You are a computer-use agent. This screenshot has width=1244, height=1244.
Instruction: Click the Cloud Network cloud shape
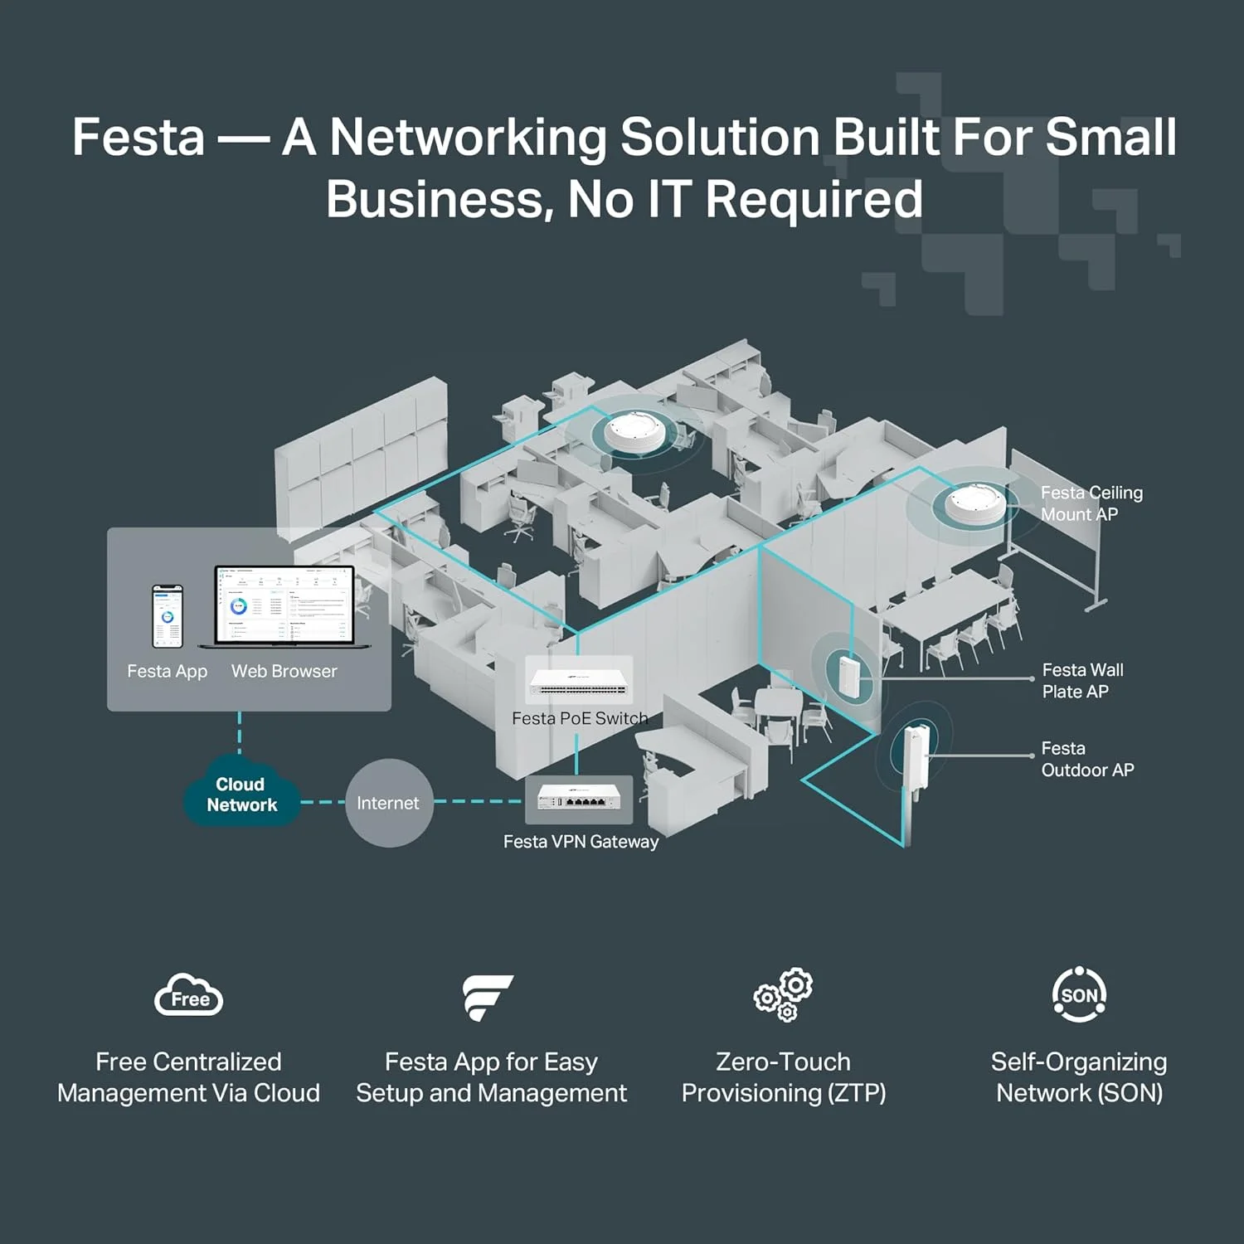tap(241, 795)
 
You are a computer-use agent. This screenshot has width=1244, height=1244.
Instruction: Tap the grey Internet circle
tap(388, 803)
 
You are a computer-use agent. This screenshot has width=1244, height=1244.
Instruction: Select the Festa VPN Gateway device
tap(579, 799)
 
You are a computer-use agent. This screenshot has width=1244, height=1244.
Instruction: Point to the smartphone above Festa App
tap(167, 616)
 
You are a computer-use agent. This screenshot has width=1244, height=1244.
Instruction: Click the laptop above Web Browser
tap(284, 607)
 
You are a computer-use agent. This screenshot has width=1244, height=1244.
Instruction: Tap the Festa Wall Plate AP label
tap(1081, 681)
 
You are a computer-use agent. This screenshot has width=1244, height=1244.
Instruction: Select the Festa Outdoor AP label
tap(1086, 760)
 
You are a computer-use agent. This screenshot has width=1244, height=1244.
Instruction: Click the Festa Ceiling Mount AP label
tap(1091, 503)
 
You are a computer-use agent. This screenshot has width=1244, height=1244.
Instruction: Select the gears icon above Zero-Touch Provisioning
tap(784, 994)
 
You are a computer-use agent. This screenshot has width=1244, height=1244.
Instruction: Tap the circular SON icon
tap(1079, 994)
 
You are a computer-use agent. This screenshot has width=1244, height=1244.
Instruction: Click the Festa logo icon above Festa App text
tap(489, 996)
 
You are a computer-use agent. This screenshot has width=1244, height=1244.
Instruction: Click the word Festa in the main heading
tap(138, 137)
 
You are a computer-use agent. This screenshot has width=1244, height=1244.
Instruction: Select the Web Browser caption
tap(284, 672)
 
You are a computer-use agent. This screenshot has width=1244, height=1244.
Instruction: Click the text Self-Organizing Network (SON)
tap(1079, 1077)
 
